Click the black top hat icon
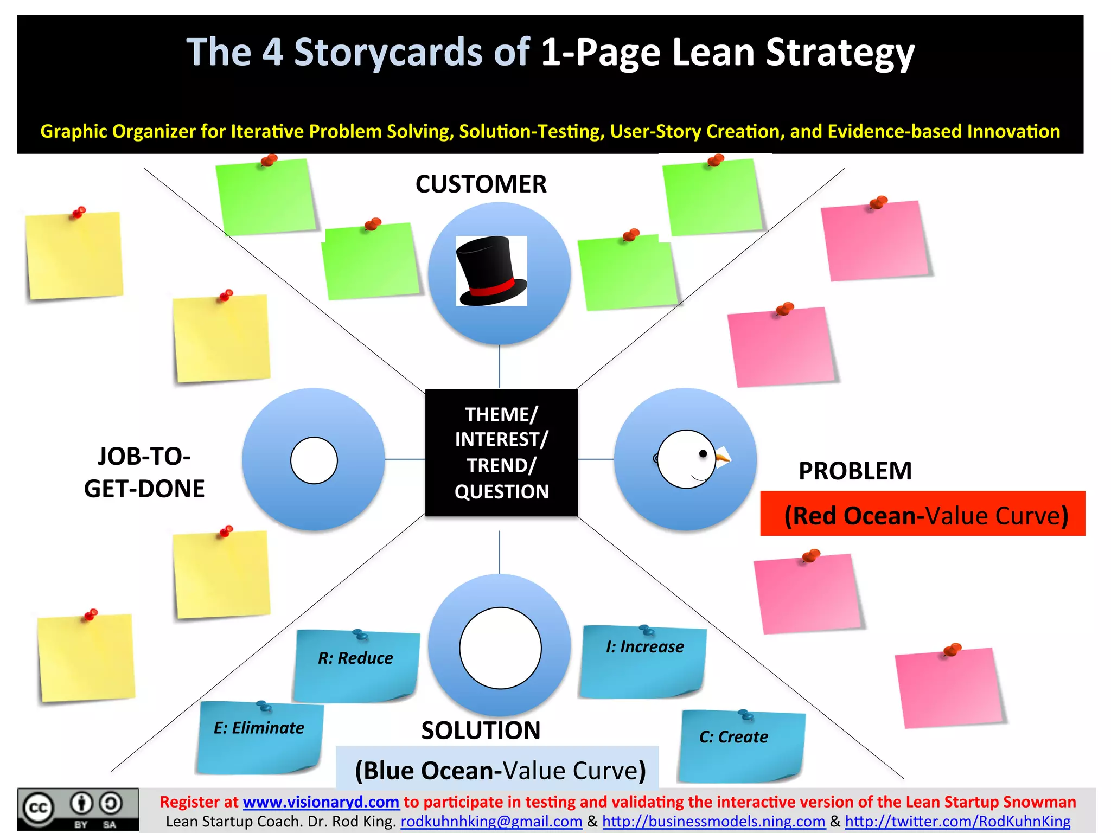coord(491,271)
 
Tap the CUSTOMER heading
coord(481,184)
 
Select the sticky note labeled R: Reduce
coord(356,665)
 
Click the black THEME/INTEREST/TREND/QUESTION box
coord(501,453)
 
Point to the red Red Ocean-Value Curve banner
coord(923,514)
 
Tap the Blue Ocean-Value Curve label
coord(500,770)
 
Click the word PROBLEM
coord(855,471)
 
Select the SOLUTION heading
coord(481,730)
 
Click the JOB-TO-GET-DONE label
coord(144,472)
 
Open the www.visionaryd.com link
coord(321,802)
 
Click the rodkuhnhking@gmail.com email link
coord(491,822)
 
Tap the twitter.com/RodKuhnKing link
coord(957,822)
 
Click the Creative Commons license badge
coord(78,809)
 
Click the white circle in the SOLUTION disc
coord(500,648)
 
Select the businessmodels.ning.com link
coord(713,822)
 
